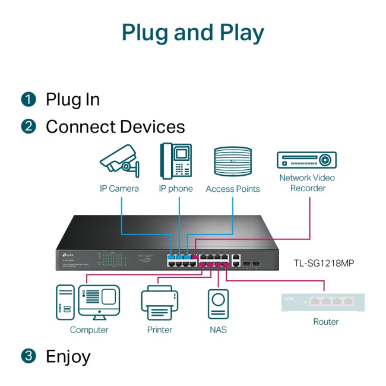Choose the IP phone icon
176,160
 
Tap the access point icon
233,161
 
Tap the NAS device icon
218,303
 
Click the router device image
322,302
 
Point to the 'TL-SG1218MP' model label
324,262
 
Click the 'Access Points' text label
233,189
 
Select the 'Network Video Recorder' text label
307,183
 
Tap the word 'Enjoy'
68,356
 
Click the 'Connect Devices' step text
115,126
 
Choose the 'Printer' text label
160,330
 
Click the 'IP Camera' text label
119,188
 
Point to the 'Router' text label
325,322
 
